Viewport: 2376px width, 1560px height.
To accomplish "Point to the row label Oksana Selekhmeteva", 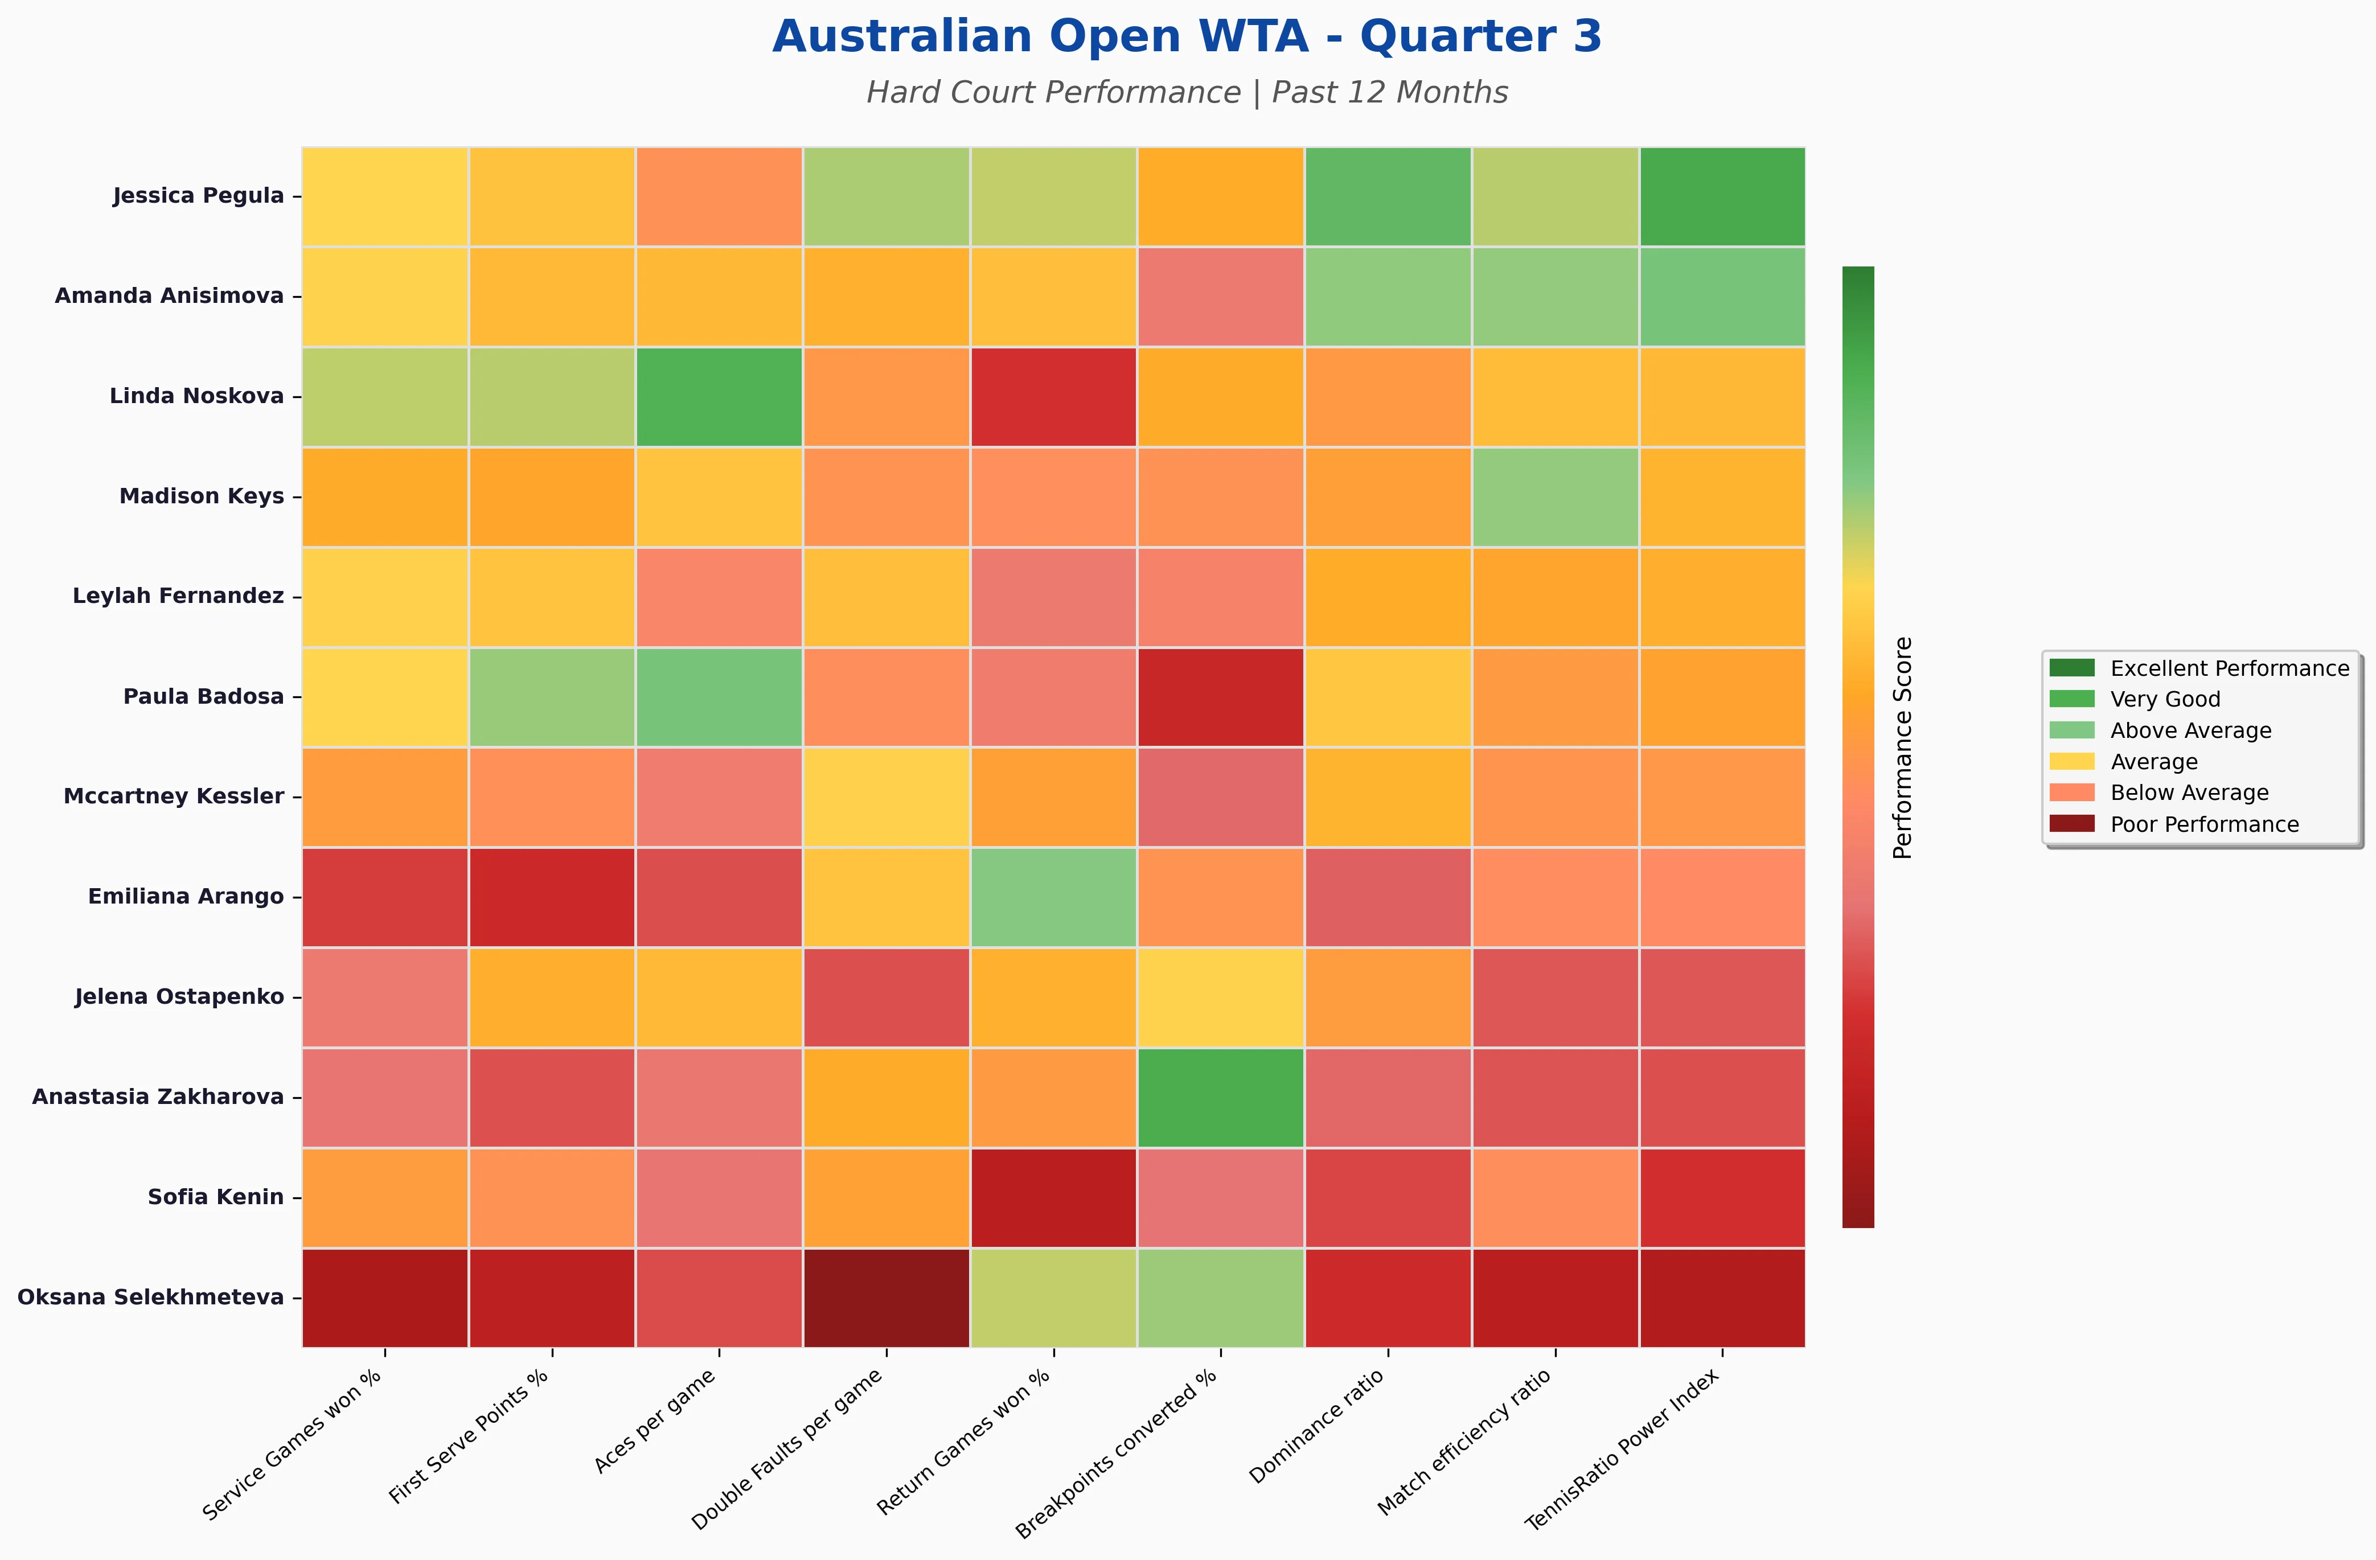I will (151, 1298).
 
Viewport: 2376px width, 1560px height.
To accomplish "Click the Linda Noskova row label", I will (196, 396).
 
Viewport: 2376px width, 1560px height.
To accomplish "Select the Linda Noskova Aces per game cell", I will (719, 396).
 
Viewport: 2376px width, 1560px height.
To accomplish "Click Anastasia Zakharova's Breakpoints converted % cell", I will (1220, 1097).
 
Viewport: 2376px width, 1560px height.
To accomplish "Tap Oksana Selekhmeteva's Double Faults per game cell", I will (885, 1298).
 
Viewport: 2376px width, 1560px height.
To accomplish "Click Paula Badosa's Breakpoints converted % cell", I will (1220, 697).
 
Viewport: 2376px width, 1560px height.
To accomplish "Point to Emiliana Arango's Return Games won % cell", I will (1053, 896).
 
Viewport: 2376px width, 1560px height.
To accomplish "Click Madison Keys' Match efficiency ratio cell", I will (1554, 496).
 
